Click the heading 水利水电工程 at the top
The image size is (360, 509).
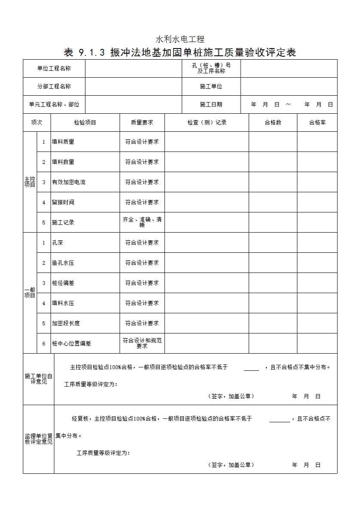[x=180, y=39]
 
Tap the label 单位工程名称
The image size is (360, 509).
[x=54, y=68]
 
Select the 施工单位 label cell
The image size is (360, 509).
[x=211, y=86]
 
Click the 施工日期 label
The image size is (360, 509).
[x=211, y=104]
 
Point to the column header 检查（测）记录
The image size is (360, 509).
[x=207, y=122]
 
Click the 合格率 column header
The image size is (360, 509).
[x=317, y=122]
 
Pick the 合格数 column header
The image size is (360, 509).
[x=273, y=122]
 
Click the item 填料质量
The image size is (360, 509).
[x=63, y=142]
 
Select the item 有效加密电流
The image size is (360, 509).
[x=69, y=182]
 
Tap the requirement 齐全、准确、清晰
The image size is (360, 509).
[x=142, y=222]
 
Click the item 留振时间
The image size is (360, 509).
[x=63, y=202]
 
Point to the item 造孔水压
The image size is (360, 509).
[x=63, y=263]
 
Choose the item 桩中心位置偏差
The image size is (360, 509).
[x=71, y=343]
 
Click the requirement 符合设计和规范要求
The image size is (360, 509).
[x=142, y=343]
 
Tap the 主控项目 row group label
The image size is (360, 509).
[x=30, y=182]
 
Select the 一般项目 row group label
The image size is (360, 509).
[x=30, y=293]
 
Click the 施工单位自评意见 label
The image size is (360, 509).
[x=38, y=379]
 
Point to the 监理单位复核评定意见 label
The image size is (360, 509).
[x=38, y=439]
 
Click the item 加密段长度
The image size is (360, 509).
[x=66, y=323]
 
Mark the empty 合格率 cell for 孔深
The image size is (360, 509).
[x=317, y=242]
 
